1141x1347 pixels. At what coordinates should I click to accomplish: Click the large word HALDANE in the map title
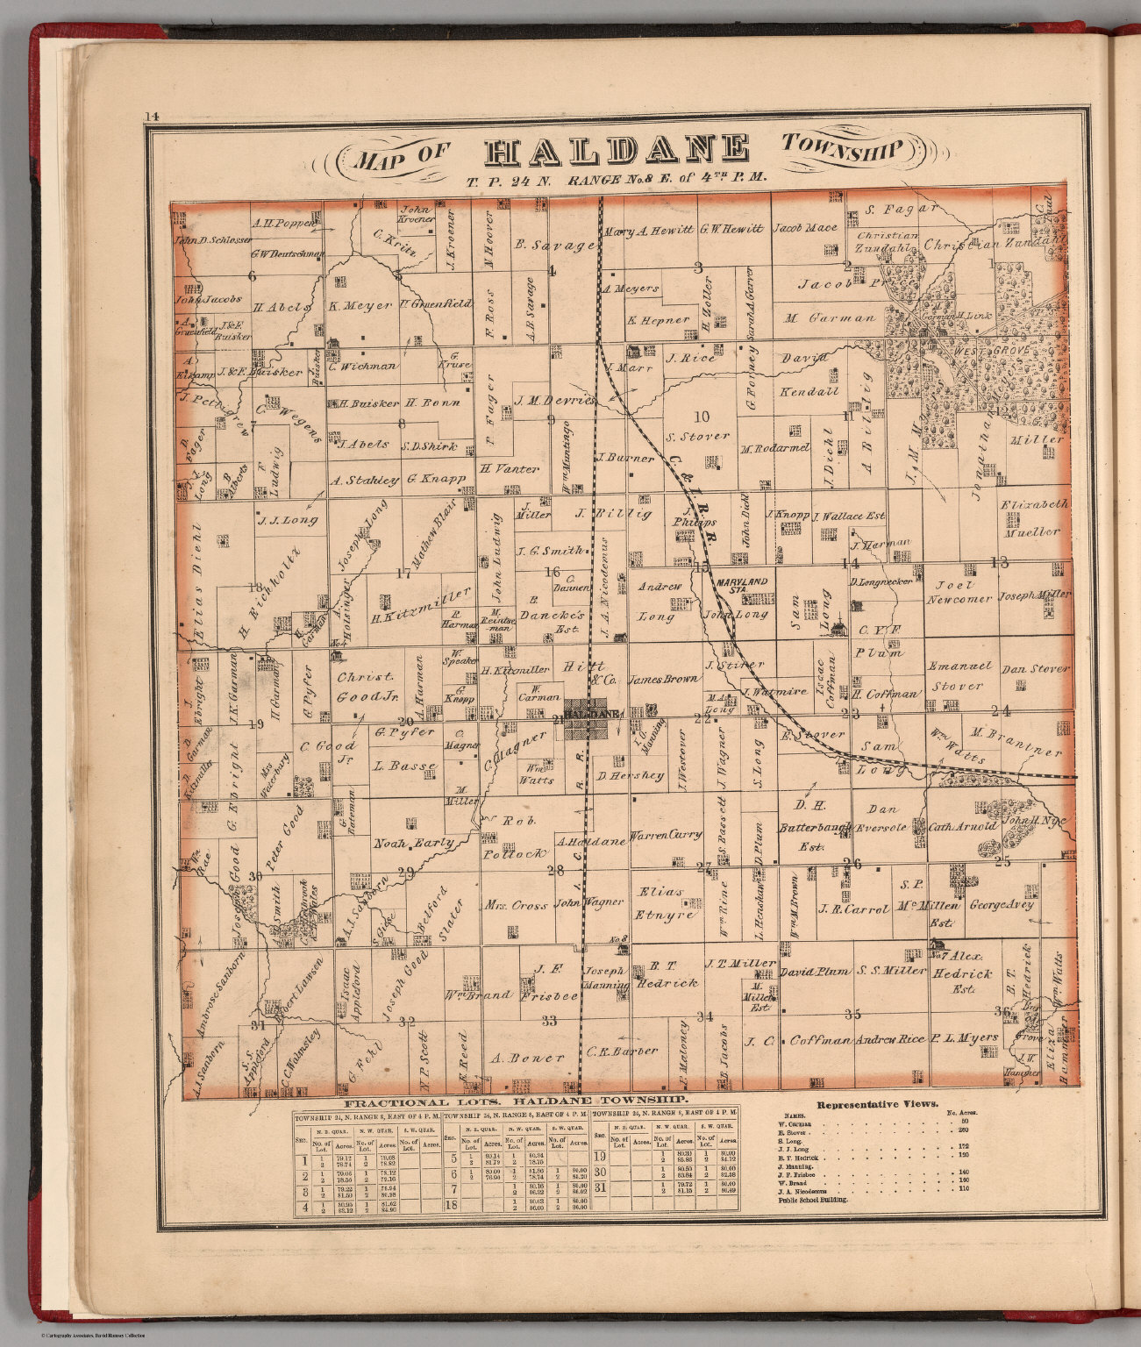point(617,151)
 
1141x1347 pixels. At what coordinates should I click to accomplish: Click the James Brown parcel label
point(664,678)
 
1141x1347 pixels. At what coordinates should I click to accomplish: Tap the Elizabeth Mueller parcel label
point(1034,517)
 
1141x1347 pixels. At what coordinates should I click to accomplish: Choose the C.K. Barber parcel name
point(622,1051)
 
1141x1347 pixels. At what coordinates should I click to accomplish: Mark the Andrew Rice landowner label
point(889,1038)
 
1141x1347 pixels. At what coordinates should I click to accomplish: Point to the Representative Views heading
point(877,1105)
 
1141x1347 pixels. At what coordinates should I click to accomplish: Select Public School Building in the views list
point(812,1199)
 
